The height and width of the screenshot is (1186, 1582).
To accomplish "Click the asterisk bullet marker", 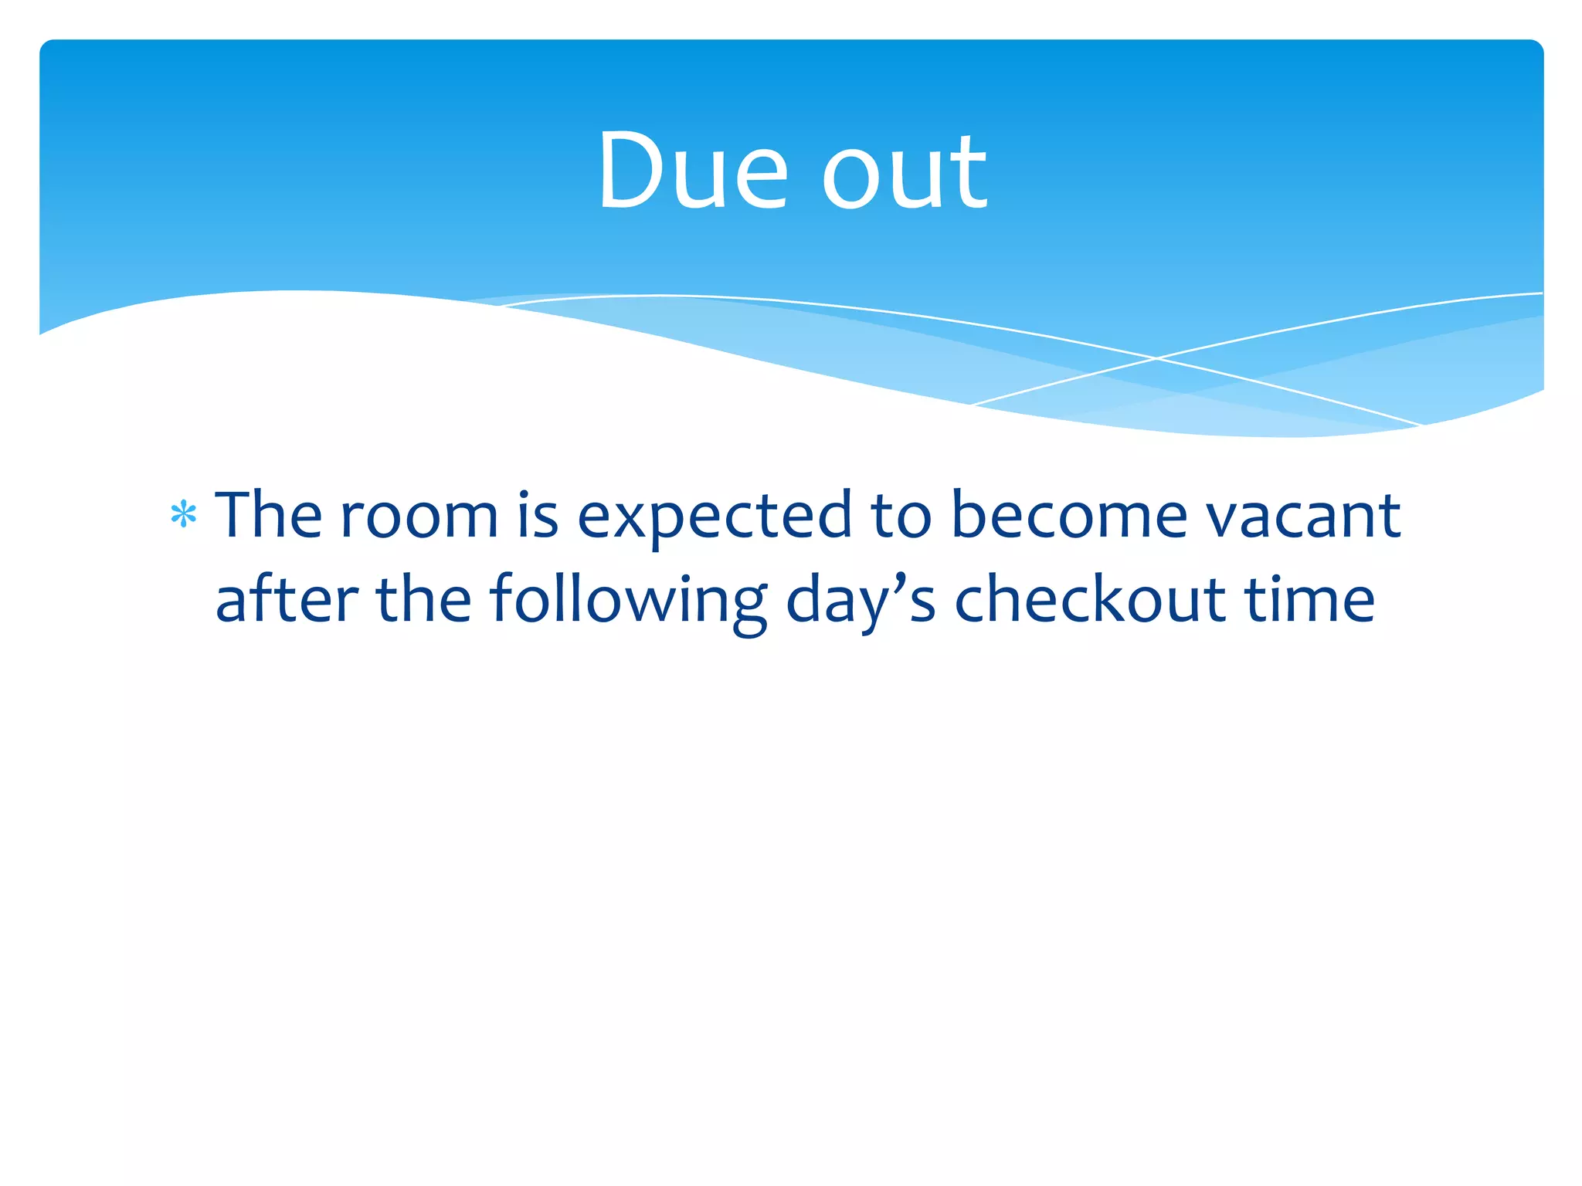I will (184, 515).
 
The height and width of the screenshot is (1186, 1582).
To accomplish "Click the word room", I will (419, 517).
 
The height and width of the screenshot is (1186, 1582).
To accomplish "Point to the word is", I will (538, 515).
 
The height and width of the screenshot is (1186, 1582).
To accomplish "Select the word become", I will (1068, 515).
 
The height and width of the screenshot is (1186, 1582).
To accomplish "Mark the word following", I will (627, 602).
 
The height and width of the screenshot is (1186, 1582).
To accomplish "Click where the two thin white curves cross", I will (1156, 358).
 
